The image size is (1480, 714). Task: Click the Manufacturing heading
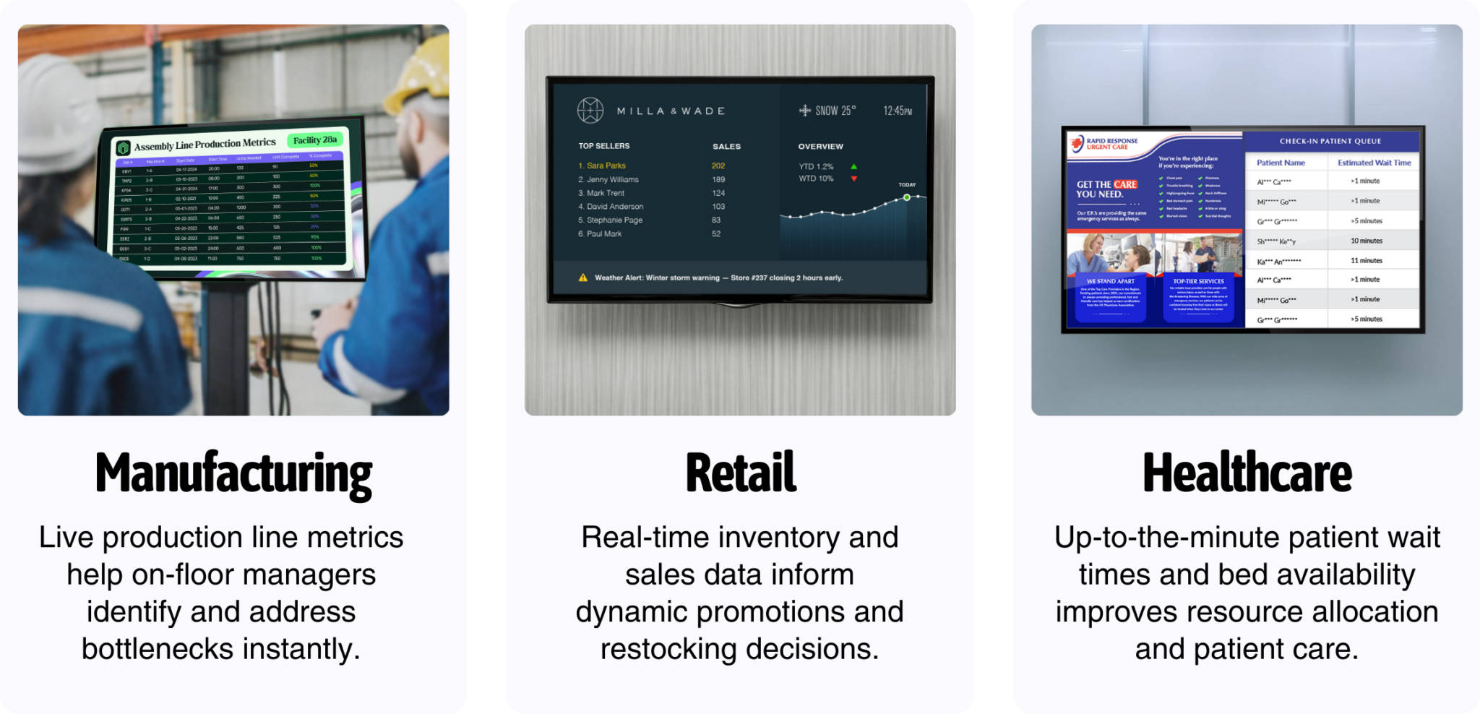pos(233,474)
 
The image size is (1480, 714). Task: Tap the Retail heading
pos(740,474)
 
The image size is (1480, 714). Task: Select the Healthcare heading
pos(1247,474)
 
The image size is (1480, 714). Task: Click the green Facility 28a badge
pos(315,140)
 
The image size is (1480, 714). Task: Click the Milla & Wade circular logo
pos(590,111)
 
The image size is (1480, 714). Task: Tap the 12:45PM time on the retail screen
pos(897,111)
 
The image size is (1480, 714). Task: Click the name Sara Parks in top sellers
pos(606,165)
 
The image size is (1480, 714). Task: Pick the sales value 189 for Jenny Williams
pos(718,179)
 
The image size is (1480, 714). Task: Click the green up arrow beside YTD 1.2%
pos(853,167)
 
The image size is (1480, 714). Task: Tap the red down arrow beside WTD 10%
pos(853,178)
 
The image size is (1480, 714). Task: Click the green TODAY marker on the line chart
pos(907,197)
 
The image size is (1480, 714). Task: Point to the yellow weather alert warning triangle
pos(582,278)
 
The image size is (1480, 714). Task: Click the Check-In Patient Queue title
pos(1330,141)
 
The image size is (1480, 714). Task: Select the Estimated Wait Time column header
pos(1374,163)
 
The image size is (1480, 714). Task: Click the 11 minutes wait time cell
pos(1366,260)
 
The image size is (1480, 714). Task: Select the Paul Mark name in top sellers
pos(603,233)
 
